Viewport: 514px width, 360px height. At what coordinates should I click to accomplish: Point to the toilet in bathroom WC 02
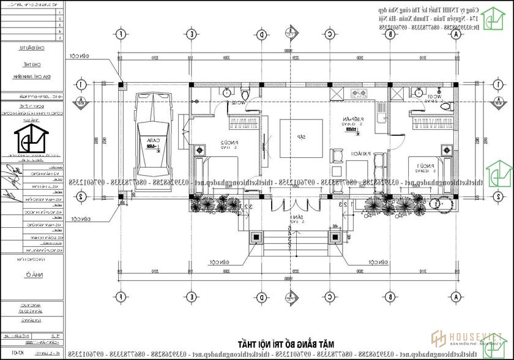click(245, 94)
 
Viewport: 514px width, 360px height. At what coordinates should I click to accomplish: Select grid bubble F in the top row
click(121, 35)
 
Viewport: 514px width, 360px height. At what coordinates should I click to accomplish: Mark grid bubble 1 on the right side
click(499, 84)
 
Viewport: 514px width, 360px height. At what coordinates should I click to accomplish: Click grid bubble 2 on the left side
click(80, 197)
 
